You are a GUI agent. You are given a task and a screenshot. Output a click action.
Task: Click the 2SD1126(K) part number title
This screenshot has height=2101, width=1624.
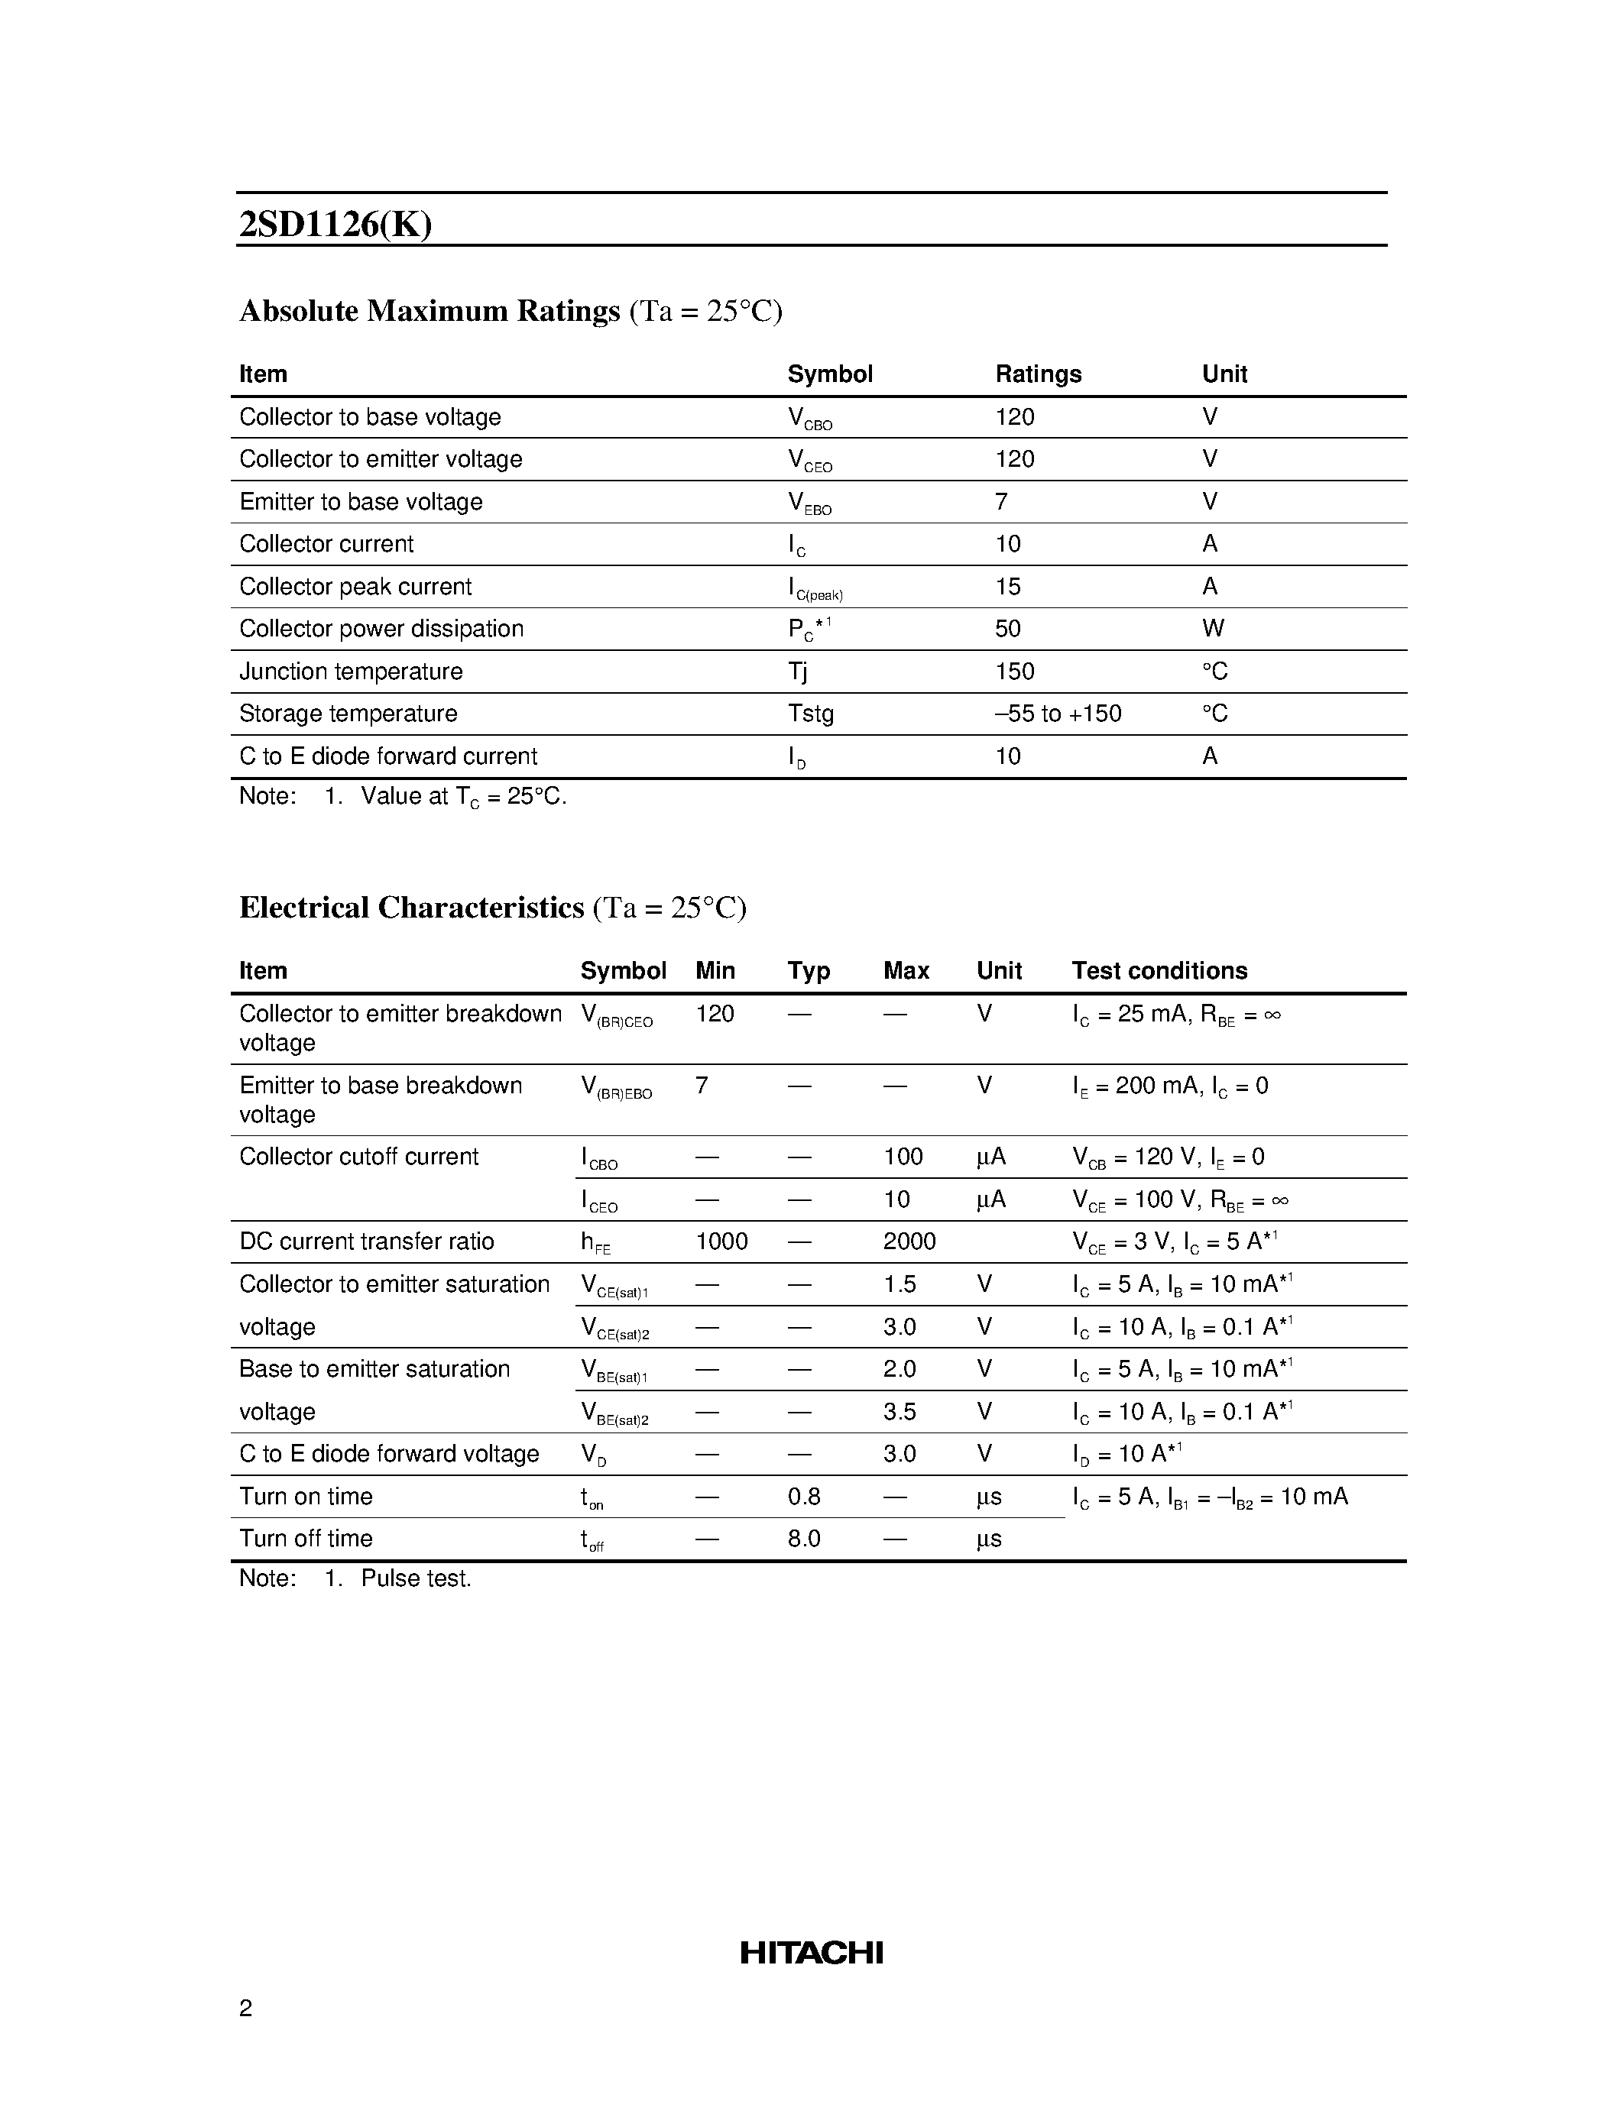(335, 224)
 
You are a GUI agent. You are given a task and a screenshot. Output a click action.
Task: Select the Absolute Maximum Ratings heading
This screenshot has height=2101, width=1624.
(429, 311)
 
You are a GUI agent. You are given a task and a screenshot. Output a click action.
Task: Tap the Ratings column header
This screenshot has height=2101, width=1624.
(1037, 374)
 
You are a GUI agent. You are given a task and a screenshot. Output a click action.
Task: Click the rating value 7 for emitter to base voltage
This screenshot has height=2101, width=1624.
(1002, 501)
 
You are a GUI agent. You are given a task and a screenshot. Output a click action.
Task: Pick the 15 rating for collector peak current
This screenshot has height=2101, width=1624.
(1007, 586)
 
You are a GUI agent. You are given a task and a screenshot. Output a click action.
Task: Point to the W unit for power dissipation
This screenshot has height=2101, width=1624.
(1212, 628)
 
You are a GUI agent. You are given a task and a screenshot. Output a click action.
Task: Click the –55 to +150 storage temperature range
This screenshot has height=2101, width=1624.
(1058, 713)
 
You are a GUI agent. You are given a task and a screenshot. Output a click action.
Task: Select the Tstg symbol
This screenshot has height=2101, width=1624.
(810, 713)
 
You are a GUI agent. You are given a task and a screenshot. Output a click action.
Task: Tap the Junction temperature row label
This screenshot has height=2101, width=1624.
(350, 671)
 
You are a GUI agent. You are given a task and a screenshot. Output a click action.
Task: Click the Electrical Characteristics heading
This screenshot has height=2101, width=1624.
(412, 907)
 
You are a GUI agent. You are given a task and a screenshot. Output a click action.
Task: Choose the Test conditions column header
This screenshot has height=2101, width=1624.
(1159, 970)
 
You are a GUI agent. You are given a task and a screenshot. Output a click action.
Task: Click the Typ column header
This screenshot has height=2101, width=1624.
(808, 970)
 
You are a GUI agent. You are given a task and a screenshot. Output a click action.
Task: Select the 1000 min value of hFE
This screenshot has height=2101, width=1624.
(721, 1241)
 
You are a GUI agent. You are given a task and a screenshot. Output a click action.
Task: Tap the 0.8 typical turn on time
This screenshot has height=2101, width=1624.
(803, 1496)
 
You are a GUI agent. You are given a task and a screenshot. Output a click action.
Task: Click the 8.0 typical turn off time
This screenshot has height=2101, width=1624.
(803, 1538)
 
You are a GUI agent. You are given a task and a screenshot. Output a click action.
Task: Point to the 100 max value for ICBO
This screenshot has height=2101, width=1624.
(903, 1157)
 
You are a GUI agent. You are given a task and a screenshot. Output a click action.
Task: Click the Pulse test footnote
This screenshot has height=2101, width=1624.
(415, 1578)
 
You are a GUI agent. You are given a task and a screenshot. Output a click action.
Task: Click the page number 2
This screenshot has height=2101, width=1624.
(245, 2008)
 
